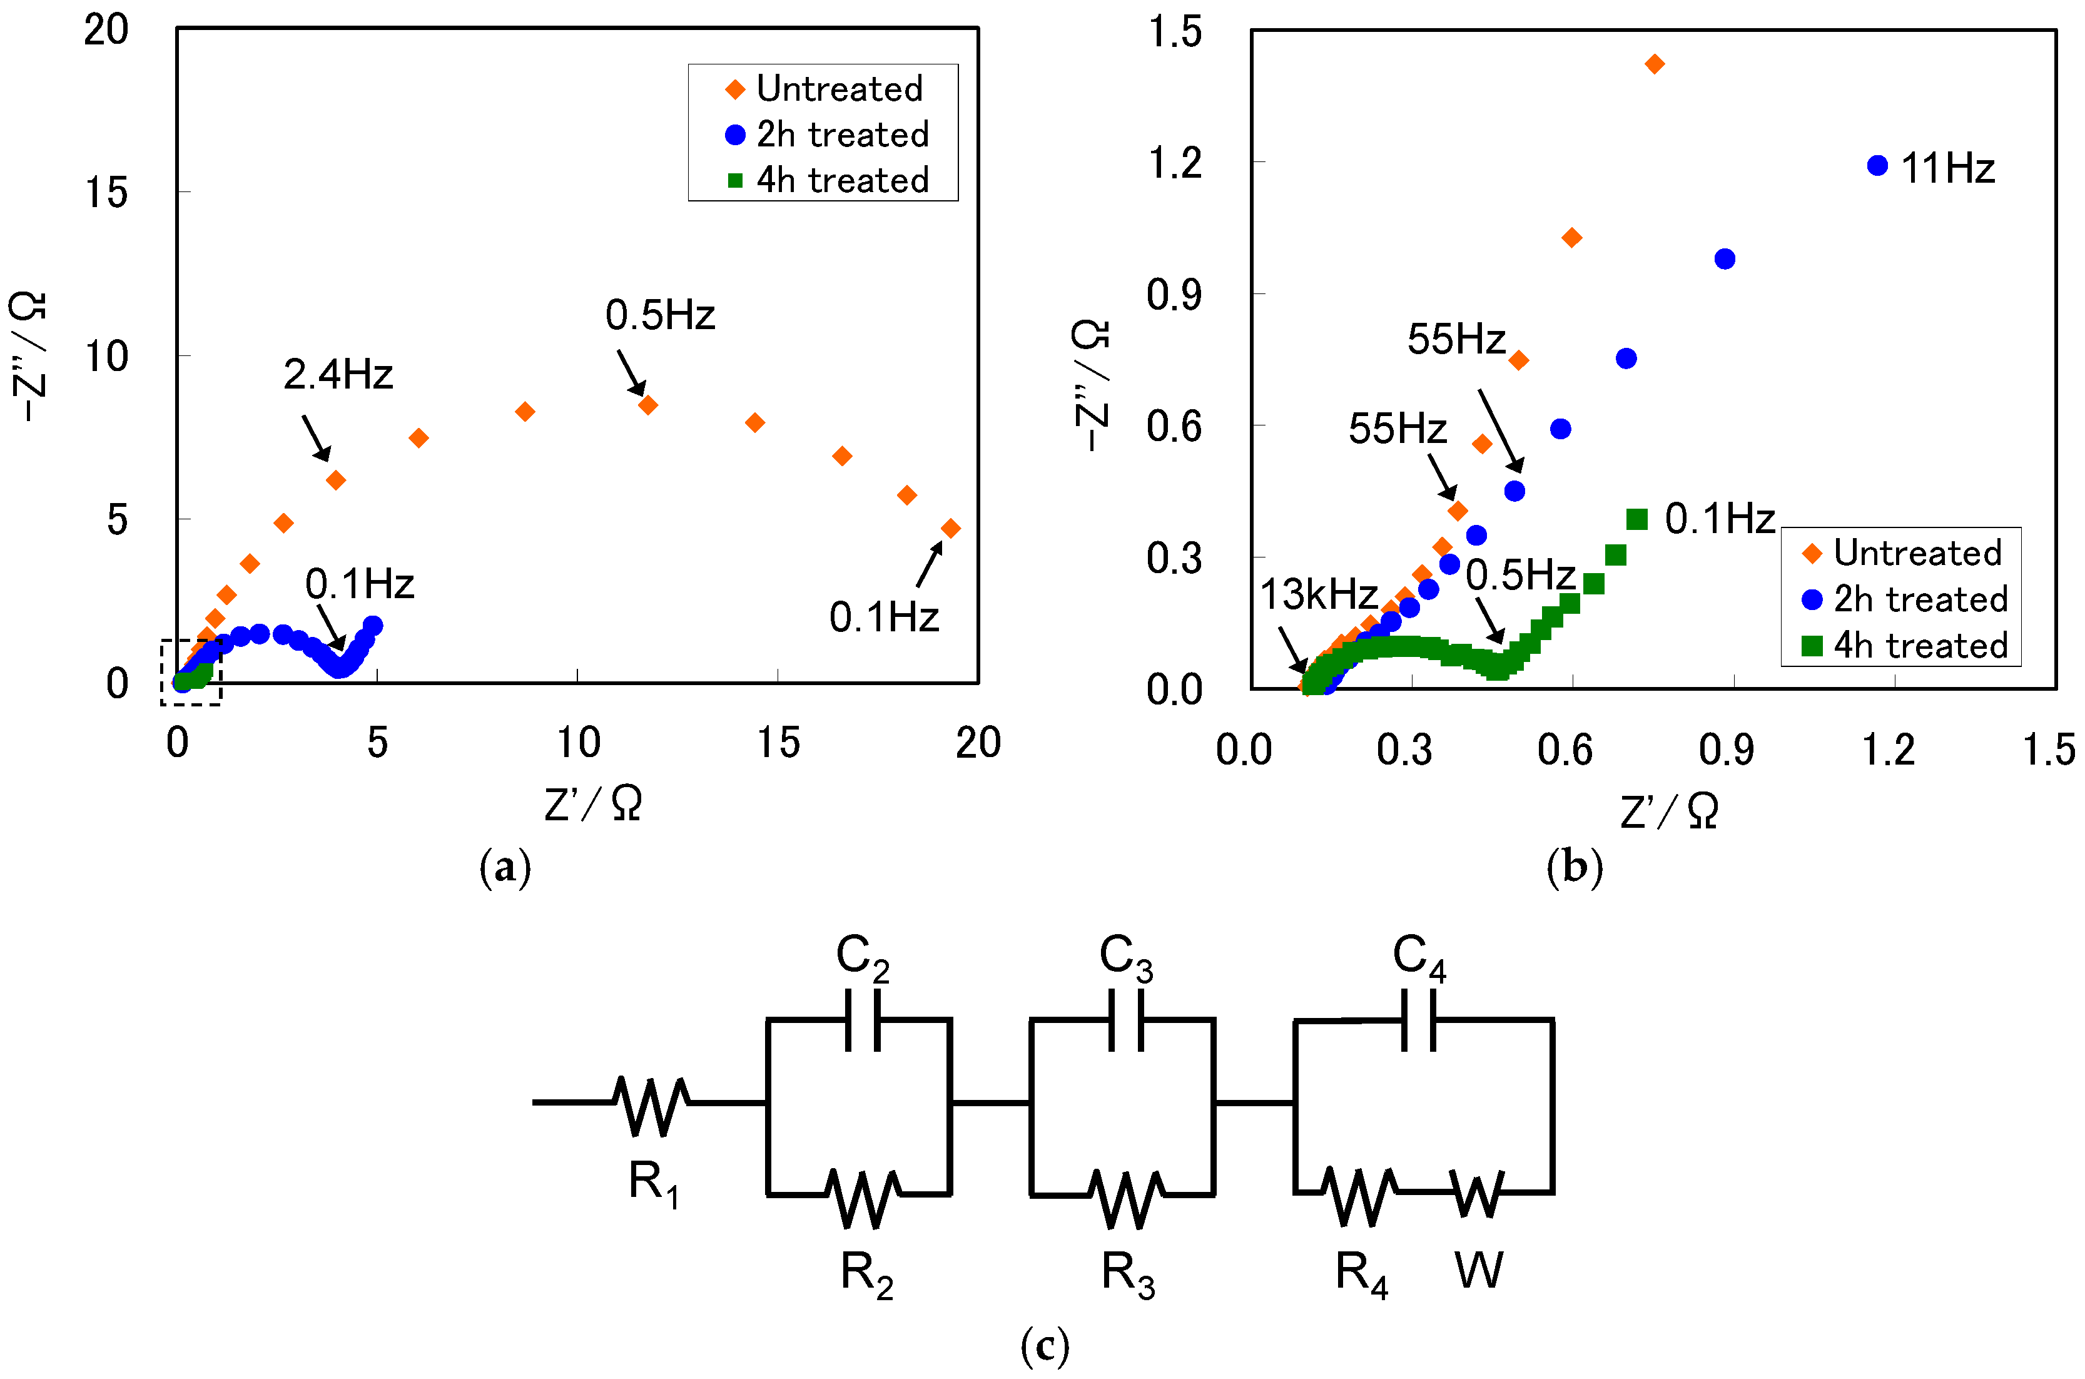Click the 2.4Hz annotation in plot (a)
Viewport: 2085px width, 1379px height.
tap(338, 375)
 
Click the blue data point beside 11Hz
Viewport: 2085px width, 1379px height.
tap(1877, 165)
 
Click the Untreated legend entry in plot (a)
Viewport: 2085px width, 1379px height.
tap(839, 89)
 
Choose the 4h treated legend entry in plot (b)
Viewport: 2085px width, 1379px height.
tap(1920, 646)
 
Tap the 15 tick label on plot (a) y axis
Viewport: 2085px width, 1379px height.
tap(106, 193)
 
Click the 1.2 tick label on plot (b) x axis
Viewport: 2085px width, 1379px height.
tap(1887, 750)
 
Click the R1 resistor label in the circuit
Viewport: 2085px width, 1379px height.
tap(653, 1183)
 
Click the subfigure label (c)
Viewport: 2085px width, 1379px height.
tap(1045, 1346)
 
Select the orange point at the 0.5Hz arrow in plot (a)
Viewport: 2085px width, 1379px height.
tap(648, 405)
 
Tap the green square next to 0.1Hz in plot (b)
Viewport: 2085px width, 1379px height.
tap(1636, 520)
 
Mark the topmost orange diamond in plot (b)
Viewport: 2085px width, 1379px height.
tap(1654, 64)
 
